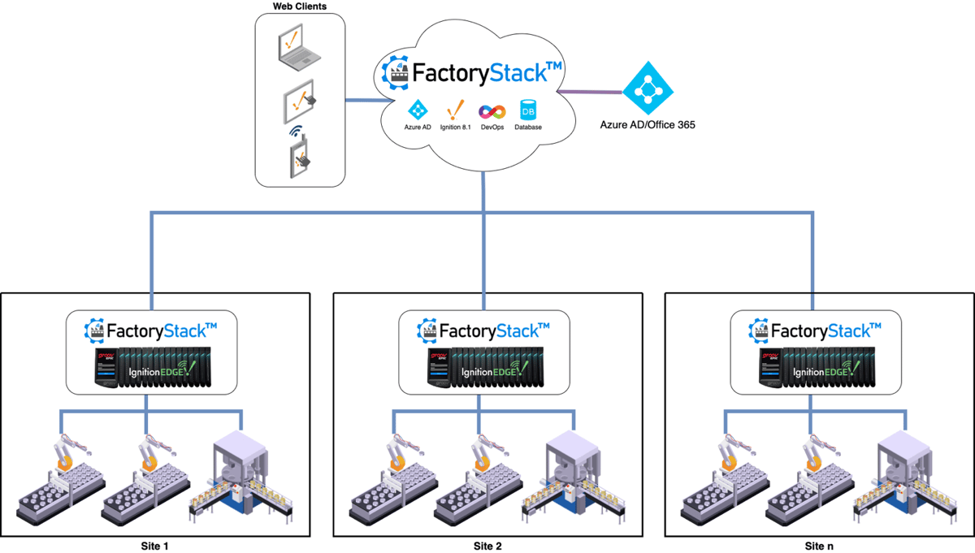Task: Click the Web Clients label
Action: point(300,7)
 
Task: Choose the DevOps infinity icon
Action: point(492,111)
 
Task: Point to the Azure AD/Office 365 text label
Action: point(648,125)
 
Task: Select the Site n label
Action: point(819,545)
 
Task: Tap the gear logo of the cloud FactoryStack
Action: point(396,72)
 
